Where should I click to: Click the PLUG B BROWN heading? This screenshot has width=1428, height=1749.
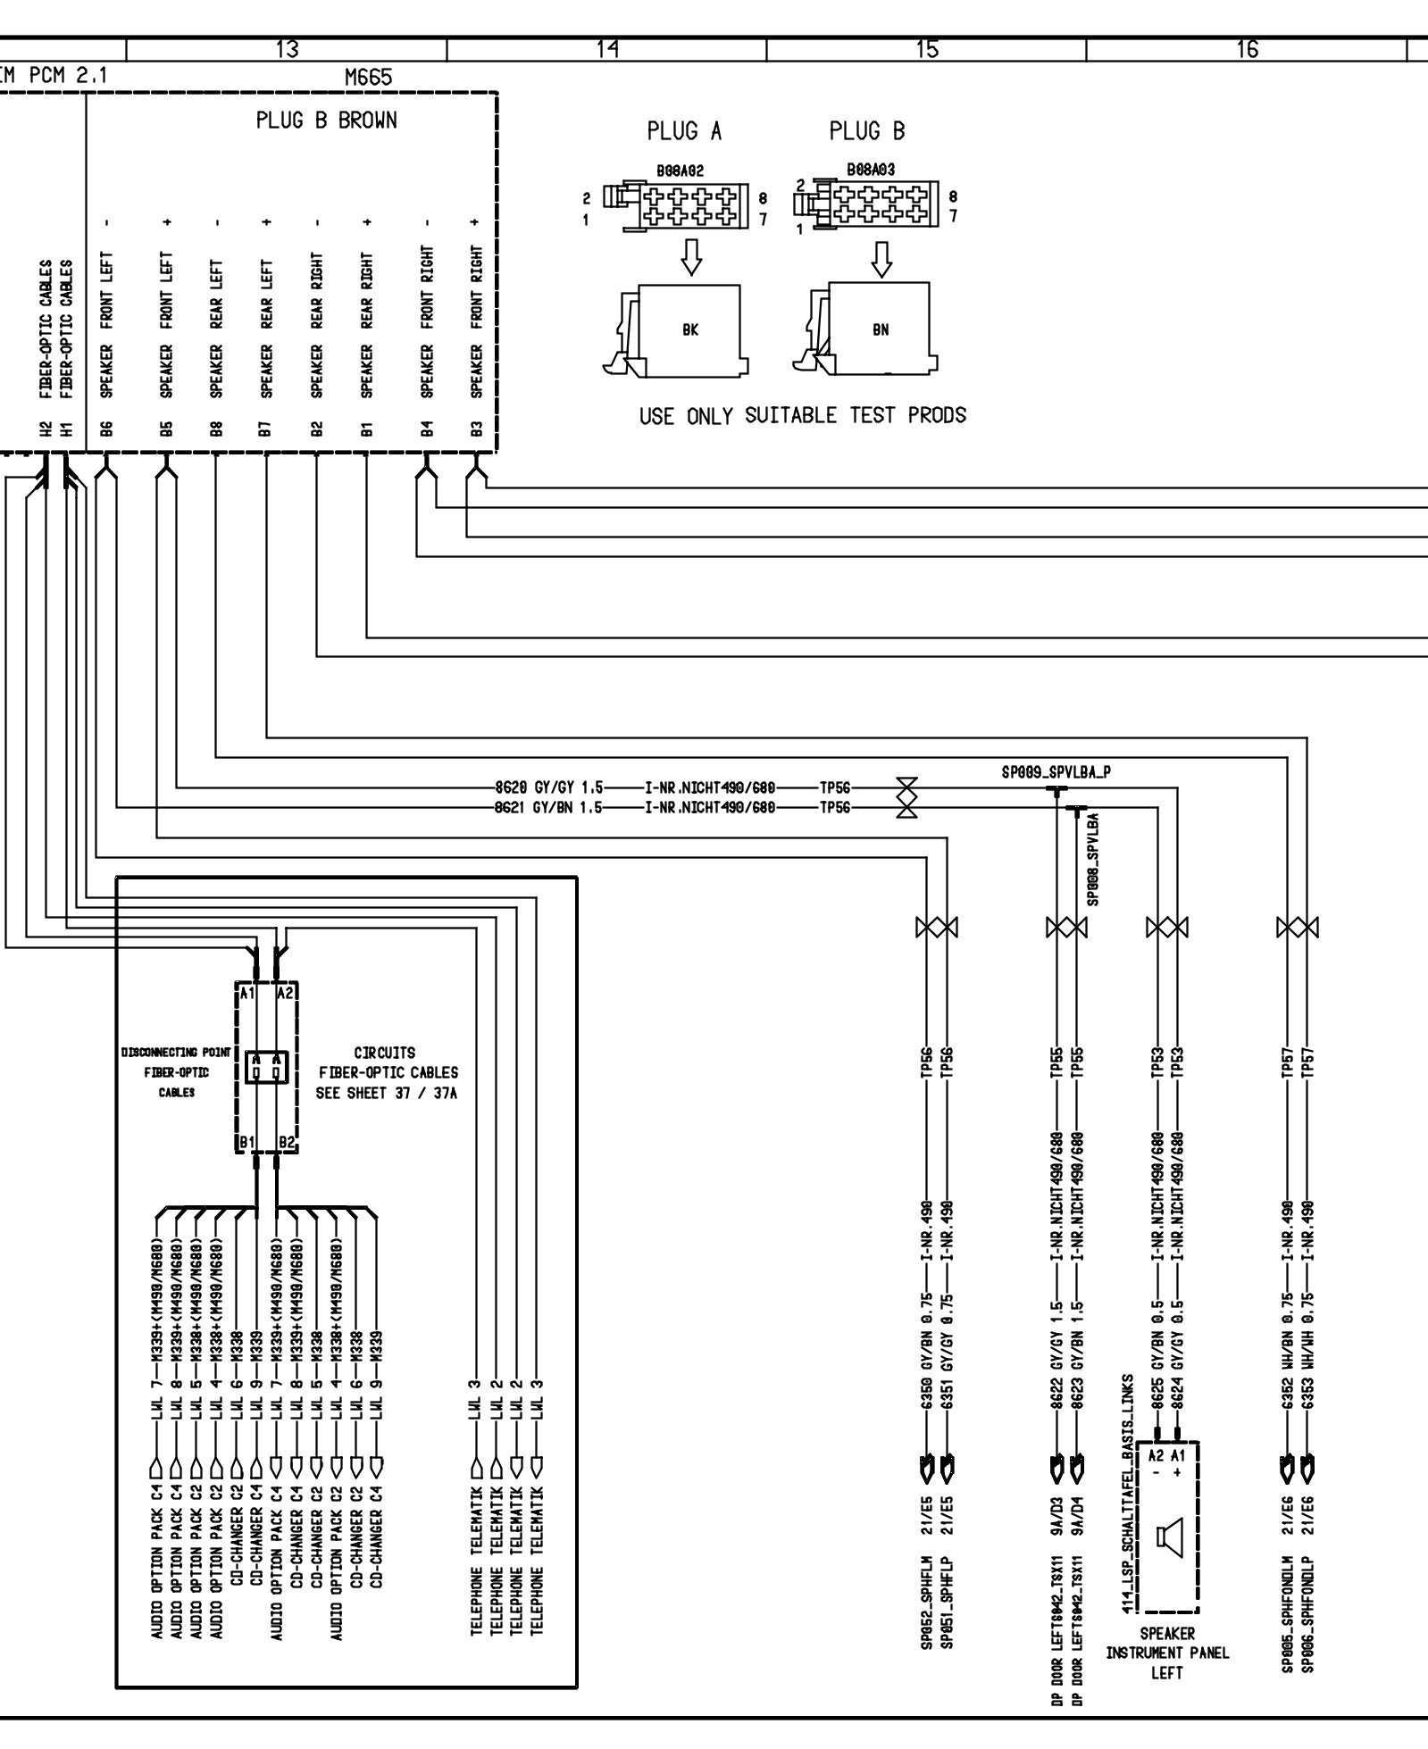pyautogui.click(x=326, y=121)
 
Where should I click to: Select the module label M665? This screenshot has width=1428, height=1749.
pyautogui.click(x=368, y=78)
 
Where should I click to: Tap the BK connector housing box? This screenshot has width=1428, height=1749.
pyautogui.click(x=689, y=329)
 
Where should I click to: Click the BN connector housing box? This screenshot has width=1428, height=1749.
pyautogui.click(x=880, y=329)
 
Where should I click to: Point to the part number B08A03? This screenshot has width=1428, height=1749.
pyautogui.click(x=872, y=169)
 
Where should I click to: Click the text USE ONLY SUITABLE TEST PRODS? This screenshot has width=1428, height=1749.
pyautogui.click(x=802, y=415)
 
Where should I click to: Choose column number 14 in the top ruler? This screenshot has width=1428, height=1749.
pyautogui.click(x=606, y=50)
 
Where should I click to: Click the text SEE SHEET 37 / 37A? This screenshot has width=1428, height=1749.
pyautogui.click(x=386, y=1093)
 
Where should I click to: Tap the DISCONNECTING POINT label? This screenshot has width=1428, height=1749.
pyautogui.click(x=176, y=1054)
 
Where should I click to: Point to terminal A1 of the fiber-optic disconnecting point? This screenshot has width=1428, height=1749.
pyautogui.click(x=246, y=992)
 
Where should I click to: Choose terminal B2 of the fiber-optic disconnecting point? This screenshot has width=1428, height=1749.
pyautogui.click(x=286, y=1142)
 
